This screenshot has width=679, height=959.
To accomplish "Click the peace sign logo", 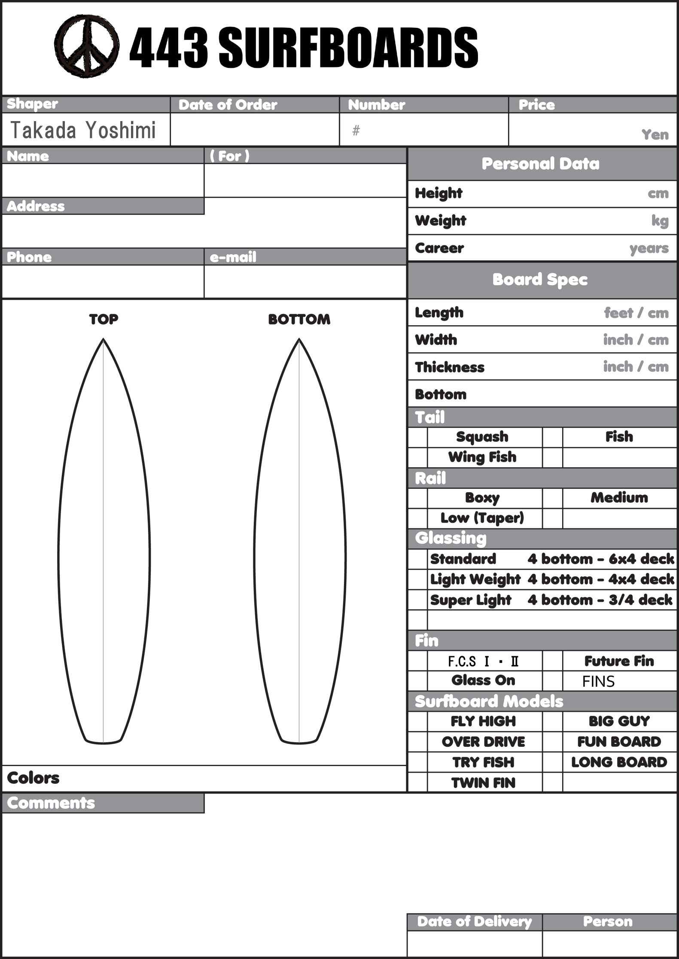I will click(87, 46).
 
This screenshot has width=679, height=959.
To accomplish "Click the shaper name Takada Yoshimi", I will click(82, 130).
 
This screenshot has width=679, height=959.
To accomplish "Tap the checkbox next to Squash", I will click(417, 437).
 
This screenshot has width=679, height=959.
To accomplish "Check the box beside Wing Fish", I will click(417, 457).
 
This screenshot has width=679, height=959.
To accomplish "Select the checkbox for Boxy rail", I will click(417, 498).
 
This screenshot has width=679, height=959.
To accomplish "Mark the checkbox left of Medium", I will click(552, 498).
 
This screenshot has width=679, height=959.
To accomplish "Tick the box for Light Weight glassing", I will click(417, 579).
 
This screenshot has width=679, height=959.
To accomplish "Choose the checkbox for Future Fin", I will click(552, 661).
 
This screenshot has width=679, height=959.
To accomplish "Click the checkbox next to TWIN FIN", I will click(417, 783).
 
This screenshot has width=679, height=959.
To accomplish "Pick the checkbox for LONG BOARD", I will click(552, 762).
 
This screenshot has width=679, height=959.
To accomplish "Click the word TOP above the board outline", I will click(104, 319).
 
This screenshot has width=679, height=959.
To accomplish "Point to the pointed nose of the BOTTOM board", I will click(299, 340).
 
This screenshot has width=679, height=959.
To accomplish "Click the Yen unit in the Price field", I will click(655, 135).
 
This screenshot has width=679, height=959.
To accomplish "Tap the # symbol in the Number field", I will click(356, 131).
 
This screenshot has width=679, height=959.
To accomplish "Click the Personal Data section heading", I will click(540, 164).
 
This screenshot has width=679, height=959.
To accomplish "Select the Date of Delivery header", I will click(474, 922).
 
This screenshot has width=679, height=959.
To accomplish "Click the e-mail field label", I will click(233, 257).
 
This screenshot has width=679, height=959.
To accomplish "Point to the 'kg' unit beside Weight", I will click(660, 221).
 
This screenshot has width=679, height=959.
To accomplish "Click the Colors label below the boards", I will click(33, 778).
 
